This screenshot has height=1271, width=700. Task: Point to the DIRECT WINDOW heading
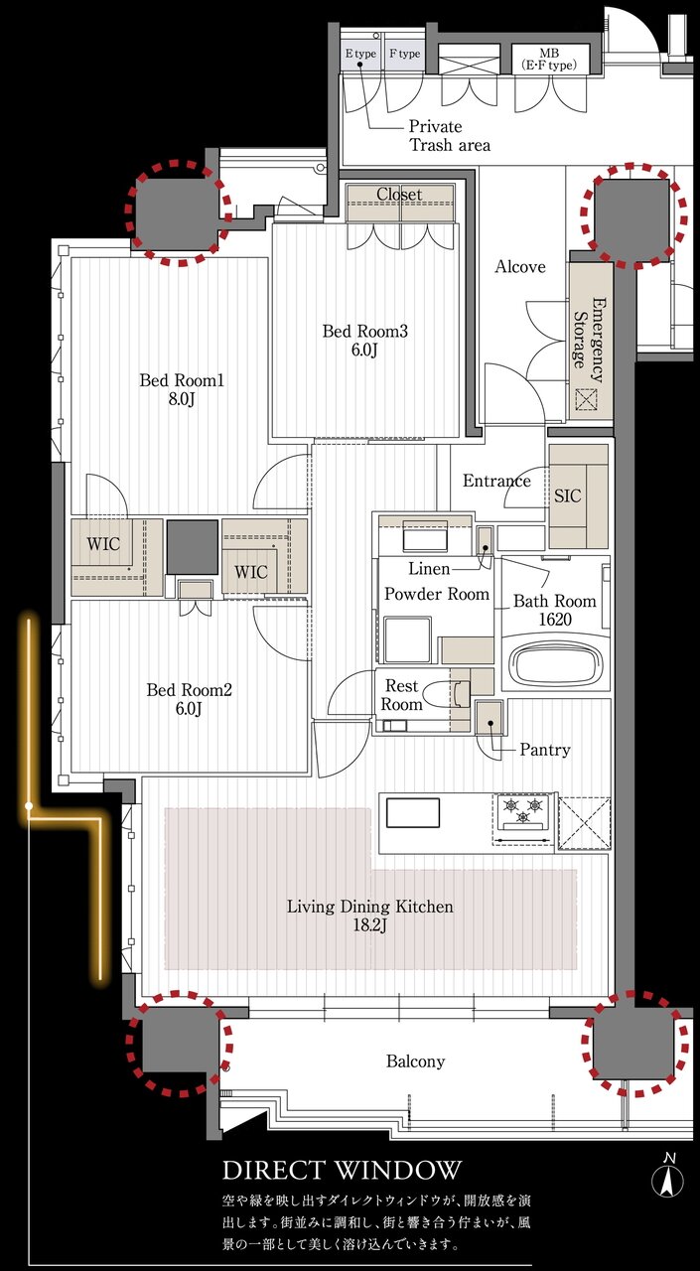pyautogui.click(x=342, y=1170)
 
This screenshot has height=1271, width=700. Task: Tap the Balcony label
pyautogui.click(x=415, y=1061)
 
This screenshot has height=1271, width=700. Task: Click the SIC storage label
pyautogui.click(x=567, y=495)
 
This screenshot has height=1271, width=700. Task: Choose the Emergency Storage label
pyautogui.click(x=588, y=340)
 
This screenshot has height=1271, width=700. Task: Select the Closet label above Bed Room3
pyautogui.click(x=399, y=194)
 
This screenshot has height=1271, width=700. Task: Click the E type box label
pyautogui.click(x=360, y=54)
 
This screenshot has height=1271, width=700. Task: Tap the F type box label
pyautogui.click(x=404, y=54)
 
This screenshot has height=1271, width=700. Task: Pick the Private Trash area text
pyautogui.click(x=449, y=136)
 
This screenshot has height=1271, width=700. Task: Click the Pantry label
pyautogui.click(x=545, y=750)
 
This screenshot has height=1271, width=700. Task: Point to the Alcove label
pyautogui.click(x=520, y=267)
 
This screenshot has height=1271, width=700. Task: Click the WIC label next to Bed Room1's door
pyautogui.click(x=103, y=544)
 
